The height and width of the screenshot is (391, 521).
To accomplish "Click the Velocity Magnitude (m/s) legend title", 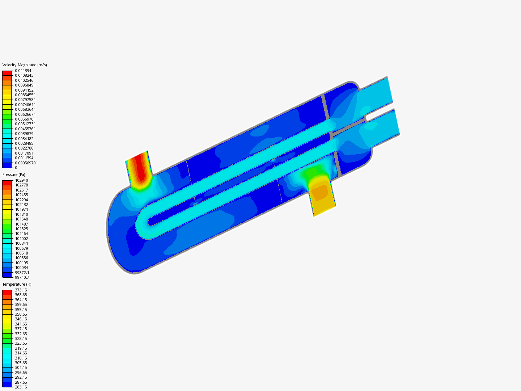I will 25,65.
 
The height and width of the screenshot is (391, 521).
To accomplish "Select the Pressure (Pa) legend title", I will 14,175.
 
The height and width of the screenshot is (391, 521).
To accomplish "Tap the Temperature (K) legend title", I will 17,284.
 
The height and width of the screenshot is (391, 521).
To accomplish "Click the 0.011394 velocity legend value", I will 23,71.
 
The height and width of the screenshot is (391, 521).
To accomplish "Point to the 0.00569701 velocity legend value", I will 25,119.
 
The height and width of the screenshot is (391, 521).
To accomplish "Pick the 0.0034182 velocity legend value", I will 24,139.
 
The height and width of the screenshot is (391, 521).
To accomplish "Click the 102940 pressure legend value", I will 21,180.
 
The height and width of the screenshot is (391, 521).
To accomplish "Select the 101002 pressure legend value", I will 21,239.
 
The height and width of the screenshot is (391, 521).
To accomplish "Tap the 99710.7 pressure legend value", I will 22,277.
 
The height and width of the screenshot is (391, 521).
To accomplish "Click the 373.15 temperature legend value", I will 21,290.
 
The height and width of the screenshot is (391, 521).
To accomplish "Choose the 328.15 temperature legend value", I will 21,339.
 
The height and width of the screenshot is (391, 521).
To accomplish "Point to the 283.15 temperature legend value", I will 21,387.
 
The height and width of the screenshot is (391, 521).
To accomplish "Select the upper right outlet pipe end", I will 389,90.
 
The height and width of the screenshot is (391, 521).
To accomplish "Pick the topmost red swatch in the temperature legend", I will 7,292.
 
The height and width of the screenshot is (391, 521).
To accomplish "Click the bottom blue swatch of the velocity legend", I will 7,165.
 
